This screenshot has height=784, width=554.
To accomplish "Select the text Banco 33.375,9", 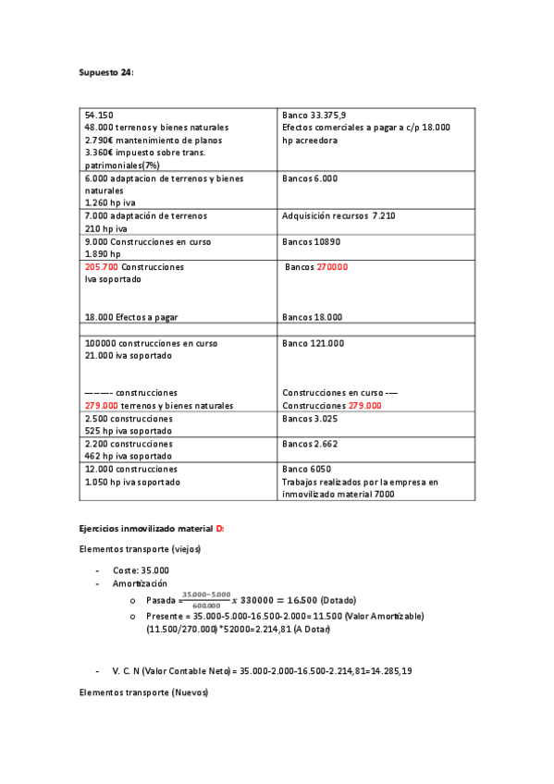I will (318, 115).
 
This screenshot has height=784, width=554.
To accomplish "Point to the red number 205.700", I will (101, 267).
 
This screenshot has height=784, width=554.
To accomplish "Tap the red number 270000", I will (332, 267).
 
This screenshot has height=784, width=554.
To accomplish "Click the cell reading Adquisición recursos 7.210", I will (338, 215).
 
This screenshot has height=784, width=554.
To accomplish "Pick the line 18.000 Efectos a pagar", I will (130, 317).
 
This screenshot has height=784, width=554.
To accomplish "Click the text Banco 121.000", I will (313, 343).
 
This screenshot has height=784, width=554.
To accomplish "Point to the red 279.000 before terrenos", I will (101, 406).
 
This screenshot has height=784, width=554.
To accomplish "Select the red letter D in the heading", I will (219, 528).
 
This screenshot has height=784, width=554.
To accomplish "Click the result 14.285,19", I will (389, 670).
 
